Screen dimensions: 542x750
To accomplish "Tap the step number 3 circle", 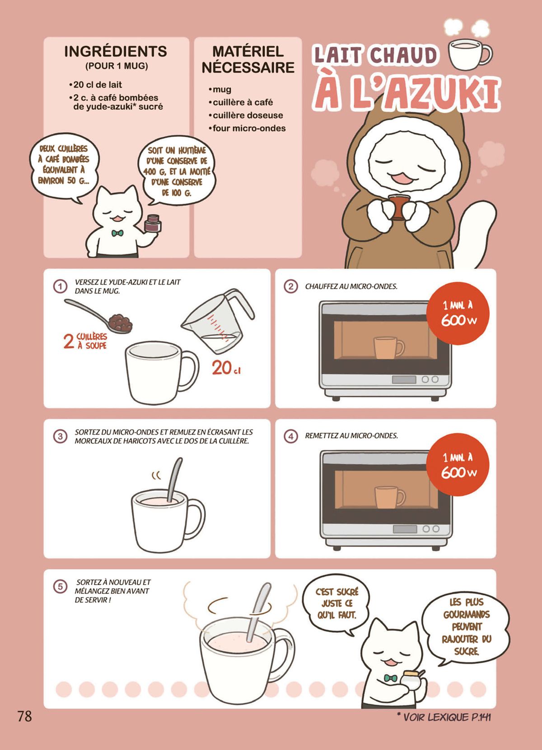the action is (60, 436).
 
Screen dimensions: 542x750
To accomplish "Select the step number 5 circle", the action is (60, 587).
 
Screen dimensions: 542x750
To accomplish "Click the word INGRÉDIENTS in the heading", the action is (116, 51).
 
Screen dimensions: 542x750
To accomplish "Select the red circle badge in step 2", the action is (458, 313).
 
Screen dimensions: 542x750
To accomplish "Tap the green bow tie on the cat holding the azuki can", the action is (117, 233).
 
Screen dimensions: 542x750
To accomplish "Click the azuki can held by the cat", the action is (153, 224).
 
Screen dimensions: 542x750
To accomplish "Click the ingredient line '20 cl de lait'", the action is (95, 85).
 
